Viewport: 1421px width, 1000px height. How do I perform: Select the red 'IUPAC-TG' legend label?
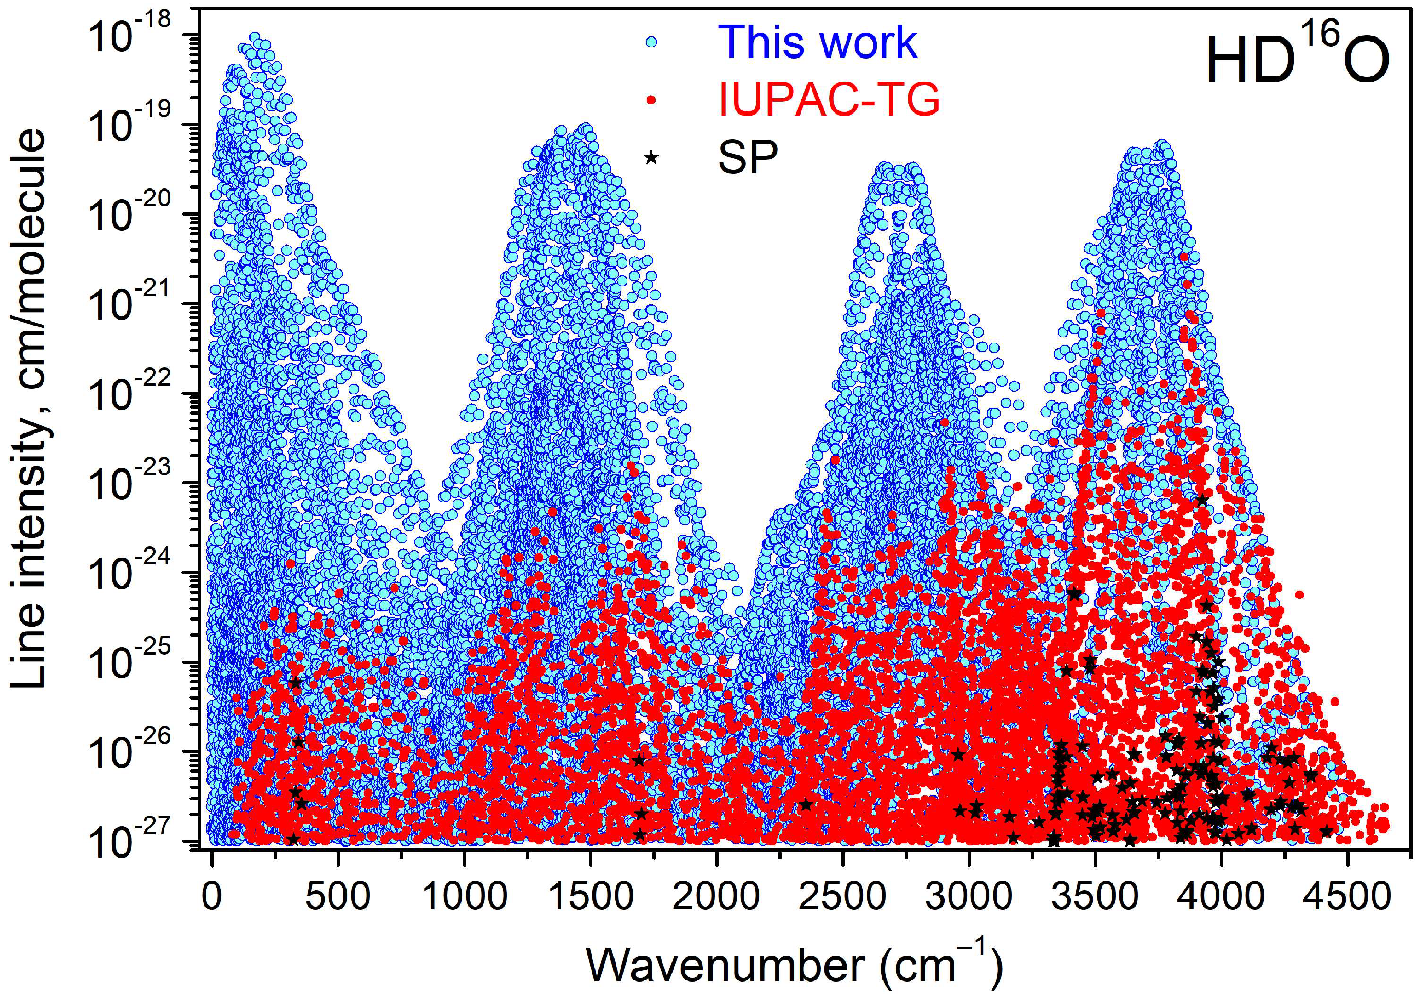point(829,99)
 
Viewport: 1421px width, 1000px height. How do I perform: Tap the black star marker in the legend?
point(650,157)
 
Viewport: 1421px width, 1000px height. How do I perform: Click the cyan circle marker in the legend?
point(650,42)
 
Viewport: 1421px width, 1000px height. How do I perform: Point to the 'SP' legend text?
point(747,157)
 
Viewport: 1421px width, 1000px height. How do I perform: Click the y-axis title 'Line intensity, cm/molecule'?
point(29,409)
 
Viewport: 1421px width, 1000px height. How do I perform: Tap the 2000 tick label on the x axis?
point(716,897)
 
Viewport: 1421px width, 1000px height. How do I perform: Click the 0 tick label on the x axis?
point(213,897)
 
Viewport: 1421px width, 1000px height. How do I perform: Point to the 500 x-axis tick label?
point(338,897)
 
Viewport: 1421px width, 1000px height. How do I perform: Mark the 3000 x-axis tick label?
point(969,897)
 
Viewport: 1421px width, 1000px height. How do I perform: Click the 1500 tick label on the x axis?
point(590,897)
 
